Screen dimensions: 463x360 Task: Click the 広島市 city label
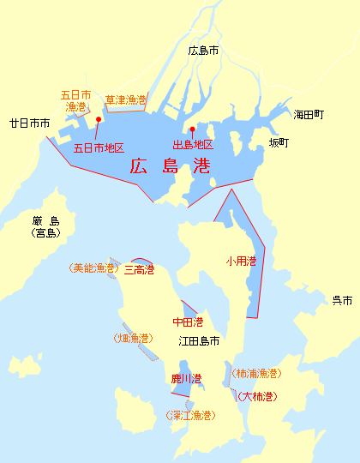(x=203, y=51)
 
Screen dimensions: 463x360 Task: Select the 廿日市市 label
(x=29, y=123)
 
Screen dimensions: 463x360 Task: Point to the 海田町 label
(x=309, y=115)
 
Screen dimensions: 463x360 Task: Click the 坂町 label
(x=279, y=142)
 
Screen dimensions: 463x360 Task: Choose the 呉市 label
(x=342, y=300)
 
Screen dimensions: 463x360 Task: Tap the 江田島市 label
(x=199, y=340)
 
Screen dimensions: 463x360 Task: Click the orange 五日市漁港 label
(x=76, y=101)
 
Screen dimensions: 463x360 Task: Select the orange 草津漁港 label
(x=125, y=100)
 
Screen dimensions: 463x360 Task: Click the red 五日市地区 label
(x=99, y=147)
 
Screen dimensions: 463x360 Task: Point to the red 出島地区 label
(x=193, y=145)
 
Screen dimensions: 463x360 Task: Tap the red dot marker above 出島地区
(x=191, y=130)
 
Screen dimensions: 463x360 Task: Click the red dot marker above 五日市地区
(x=99, y=120)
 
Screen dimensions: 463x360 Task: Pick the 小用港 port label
(x=241, y=261)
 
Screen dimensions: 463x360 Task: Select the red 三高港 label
(x=139, y=270)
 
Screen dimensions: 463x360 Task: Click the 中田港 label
(x=188, y=322)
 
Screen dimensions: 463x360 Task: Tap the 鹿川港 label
(x=186, y=378)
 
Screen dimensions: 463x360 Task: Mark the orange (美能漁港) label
(x=93, y=268)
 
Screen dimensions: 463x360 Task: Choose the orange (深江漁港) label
(x=189, y=416)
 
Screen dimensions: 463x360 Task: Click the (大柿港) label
(x=257, y=396)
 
